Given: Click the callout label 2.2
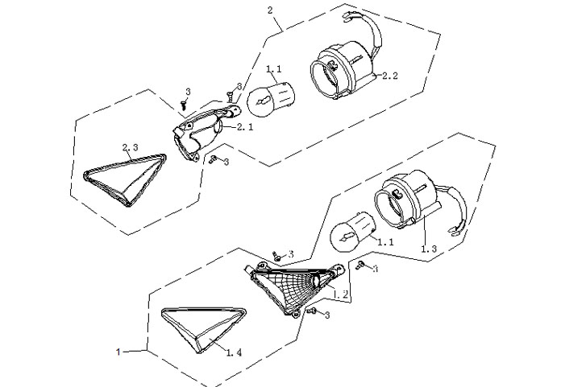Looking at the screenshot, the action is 390,76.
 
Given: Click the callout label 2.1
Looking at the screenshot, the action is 245,127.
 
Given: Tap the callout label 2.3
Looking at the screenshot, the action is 130,147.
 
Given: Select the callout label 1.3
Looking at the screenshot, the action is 429,249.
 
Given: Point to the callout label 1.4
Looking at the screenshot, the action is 234,352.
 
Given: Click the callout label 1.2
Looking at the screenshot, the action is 341,294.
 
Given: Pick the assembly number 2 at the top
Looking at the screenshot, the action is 270,10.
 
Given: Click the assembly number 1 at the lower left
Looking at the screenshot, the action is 118,352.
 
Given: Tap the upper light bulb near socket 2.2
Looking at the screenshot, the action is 272,98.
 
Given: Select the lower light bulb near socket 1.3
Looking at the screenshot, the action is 352,229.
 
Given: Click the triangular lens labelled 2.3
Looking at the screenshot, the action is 125,179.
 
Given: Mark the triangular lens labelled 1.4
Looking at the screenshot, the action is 204,328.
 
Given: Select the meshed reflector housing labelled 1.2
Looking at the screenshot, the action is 295,289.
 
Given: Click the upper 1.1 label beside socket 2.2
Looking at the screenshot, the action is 274,69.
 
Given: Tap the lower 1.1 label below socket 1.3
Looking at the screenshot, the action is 385,242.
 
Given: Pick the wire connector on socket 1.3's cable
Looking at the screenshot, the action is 457,232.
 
